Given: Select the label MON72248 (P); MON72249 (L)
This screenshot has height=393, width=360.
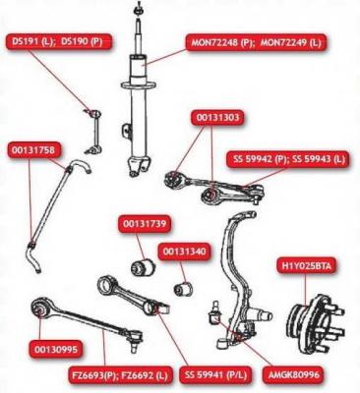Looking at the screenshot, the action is click(257, 43).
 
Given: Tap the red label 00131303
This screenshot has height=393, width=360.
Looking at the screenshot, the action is click(217, 118).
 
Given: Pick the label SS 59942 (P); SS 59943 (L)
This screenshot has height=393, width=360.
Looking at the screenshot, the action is click(287, 160).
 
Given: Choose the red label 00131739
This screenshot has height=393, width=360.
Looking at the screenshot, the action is click(145, 224).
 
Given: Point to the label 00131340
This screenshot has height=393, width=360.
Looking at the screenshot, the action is click(184, 252).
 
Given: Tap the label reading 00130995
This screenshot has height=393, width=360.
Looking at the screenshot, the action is click(56, 349).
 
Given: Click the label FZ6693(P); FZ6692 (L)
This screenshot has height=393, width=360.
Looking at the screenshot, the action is click(120, 374).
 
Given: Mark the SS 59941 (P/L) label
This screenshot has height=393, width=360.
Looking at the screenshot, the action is click(215, 374).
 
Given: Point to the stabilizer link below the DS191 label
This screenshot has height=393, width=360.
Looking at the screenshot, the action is click(93, 132).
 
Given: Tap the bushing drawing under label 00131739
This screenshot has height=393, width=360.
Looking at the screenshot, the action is click(143, 266).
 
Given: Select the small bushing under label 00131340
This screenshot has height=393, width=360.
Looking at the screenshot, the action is click(184, 288).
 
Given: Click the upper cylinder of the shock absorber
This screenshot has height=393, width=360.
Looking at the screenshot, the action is click(141, 70).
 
